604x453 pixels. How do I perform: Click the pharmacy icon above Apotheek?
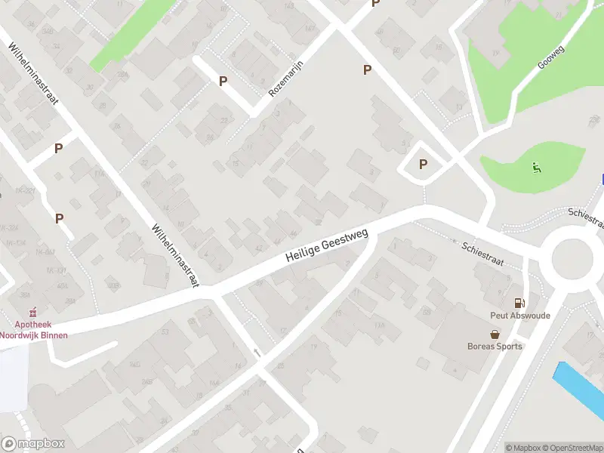click(32, 313)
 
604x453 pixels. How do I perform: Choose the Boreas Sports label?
click(495, 347)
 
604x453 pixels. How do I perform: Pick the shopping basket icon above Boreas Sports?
click(495, 334)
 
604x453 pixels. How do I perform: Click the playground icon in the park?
click(537, 168)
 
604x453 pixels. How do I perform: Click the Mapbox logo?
click(32, 444)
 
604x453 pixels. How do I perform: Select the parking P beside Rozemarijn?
click(223, 81)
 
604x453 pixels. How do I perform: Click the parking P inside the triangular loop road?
click(423, 164)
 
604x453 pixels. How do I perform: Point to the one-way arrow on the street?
click(257, 352)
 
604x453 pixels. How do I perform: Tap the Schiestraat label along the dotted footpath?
click(483, 253)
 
